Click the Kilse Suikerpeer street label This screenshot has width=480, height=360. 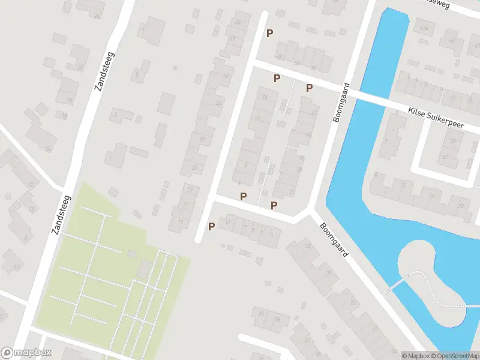pyautogui.click(x=436, y=116)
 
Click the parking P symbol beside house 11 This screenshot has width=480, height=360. pyautogui.click(x=211, y=226)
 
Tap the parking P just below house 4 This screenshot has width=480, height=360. pyautogui.click(x=243, y=196)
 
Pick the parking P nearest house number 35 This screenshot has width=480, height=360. pyautogui.click(x=274, y=205)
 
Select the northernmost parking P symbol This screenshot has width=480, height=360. pyautogui.click(x=269, y=34)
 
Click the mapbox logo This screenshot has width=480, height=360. pyautogui.click(x=26, y=353)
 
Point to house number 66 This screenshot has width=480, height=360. pyautogui.click(x=16, y=266)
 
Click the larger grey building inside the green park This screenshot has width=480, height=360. pyautogui.click(x=144, y=268)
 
